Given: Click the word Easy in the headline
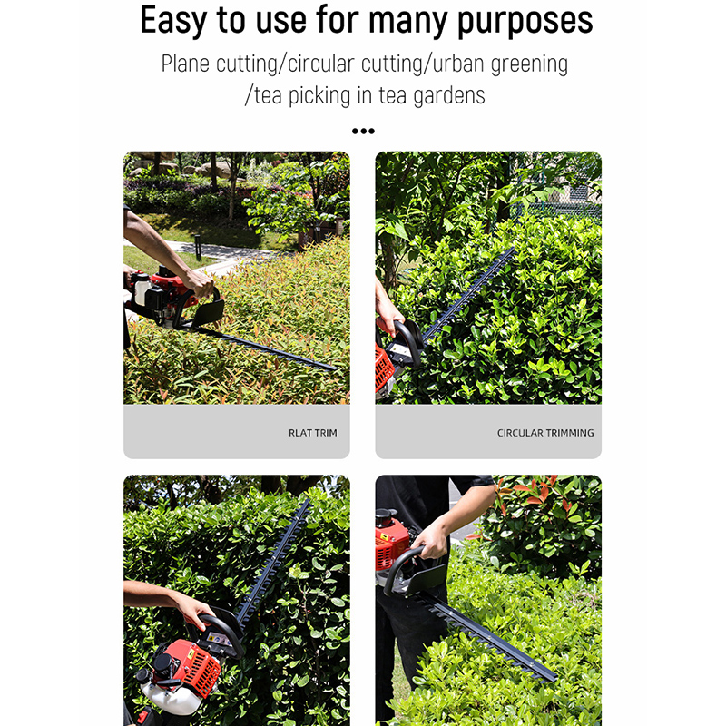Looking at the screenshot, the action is (173, 21).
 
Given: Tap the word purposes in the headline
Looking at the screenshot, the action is (525, 22).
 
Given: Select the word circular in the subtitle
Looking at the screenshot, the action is (321, 64).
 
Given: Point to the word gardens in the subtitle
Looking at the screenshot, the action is (448, 96).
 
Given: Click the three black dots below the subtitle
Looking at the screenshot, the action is (363, 131).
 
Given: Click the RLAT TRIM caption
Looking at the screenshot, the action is (313, 433).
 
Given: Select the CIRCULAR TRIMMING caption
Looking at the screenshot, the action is (545, 433).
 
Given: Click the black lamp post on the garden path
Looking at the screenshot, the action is (198, 248).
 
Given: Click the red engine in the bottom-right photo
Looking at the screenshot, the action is (391, 546).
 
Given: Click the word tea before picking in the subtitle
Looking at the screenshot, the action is (268, 95).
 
